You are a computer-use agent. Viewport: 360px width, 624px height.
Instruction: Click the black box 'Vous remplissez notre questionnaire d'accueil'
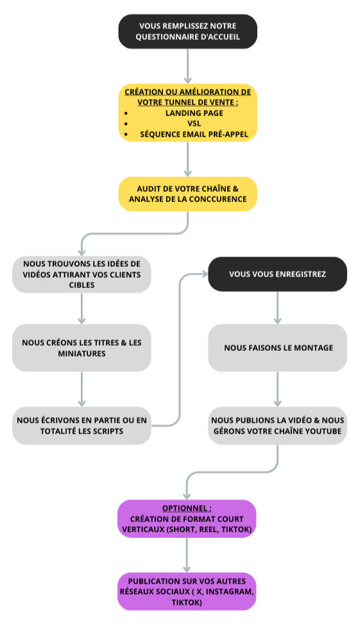[x=187, y=31]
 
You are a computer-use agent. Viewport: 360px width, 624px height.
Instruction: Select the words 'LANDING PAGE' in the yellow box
[x=194, y=113]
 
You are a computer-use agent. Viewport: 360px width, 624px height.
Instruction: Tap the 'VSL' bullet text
[x=194, y=123]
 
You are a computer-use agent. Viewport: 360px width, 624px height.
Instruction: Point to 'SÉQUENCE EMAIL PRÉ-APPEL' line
[x=194, y=134]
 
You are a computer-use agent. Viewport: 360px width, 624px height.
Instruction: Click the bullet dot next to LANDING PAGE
[x=126, y=114]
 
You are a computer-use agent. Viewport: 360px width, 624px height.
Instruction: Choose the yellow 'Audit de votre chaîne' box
[x=187, y=194]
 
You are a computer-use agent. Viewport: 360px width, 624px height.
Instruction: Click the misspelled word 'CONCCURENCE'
[x=218, y=199]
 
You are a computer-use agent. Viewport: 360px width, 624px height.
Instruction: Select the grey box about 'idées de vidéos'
[x=81, y=274]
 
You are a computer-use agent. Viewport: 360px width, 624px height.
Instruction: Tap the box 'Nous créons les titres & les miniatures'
[x=81, y=348]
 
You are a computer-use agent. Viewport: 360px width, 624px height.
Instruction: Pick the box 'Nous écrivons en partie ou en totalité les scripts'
[x=81, y=425]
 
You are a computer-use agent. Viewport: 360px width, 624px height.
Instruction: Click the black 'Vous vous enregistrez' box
[x=278, y=274]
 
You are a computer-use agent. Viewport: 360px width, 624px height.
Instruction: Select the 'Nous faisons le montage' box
[x=278, y=348]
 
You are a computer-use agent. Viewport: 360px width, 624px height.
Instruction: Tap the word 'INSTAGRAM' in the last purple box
[x=229, y=592]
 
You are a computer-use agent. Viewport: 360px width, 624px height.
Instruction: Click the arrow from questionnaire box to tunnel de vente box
[x=187, y=66]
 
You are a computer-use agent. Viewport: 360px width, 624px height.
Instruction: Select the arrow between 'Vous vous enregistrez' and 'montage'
[x=278, y=308]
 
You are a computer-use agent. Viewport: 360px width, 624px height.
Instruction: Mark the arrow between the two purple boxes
[x=187, y=555]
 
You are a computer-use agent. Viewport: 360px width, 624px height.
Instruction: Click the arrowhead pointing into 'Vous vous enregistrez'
[x=204, y=274]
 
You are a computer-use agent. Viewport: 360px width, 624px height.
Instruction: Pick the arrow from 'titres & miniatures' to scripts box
[x=81, y=389]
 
